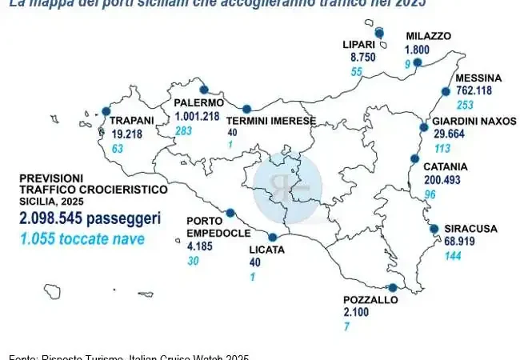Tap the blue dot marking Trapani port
coord(105,113)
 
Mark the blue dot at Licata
coord(273,237)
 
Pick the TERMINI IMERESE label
coord(270,120)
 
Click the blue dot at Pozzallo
coord(393,287)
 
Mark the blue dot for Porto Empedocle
coord(230,213)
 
